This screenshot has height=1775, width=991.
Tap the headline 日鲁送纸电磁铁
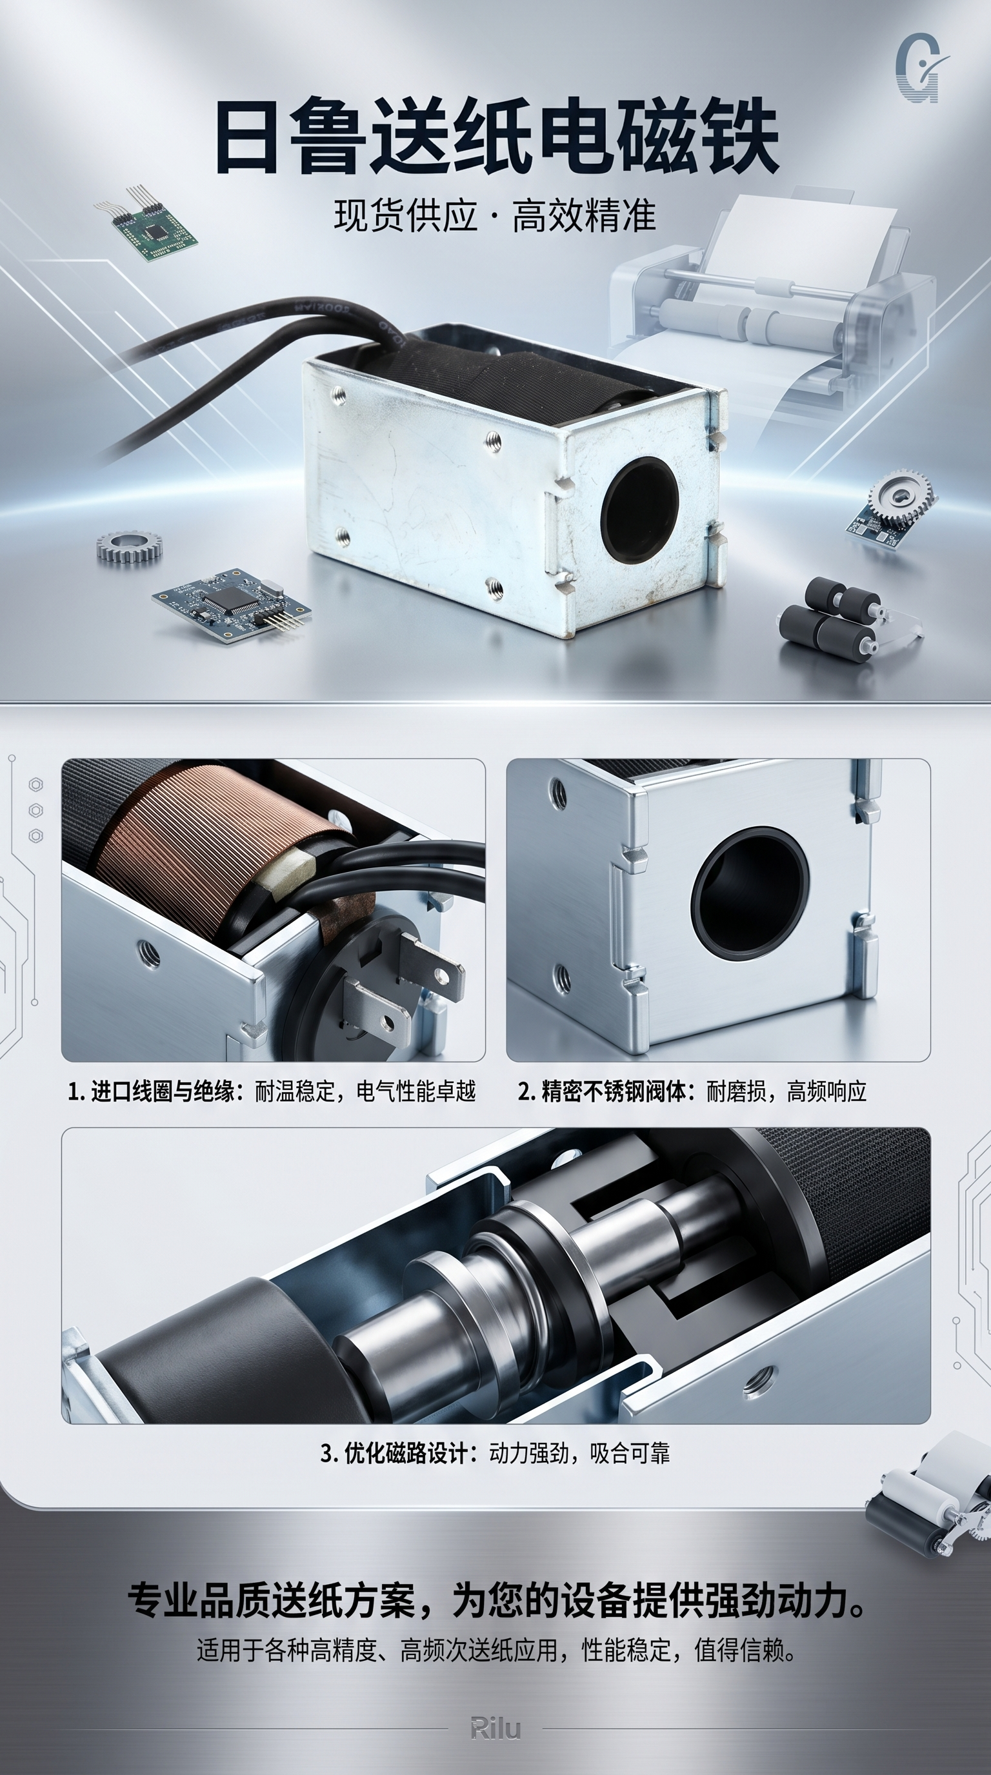point(496,137)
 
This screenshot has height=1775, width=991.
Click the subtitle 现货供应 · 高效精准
point(495,215)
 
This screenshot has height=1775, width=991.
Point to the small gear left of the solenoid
point(130,547)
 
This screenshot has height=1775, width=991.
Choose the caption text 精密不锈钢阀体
point(614,1091)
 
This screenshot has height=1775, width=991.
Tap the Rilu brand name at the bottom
point(495,1727)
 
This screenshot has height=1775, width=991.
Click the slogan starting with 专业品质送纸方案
point(496,1600)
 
